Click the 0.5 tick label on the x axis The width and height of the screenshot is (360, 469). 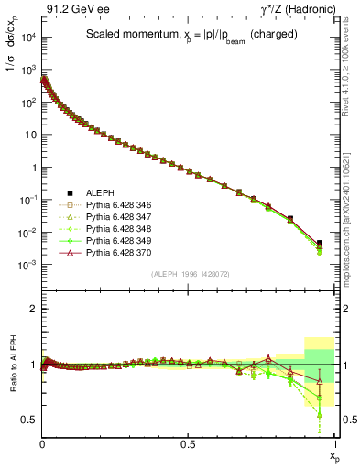(x=189, y=442)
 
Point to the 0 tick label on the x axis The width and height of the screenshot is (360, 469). (x=42, y=442)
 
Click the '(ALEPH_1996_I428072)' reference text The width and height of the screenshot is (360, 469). (x=189, y=274)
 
